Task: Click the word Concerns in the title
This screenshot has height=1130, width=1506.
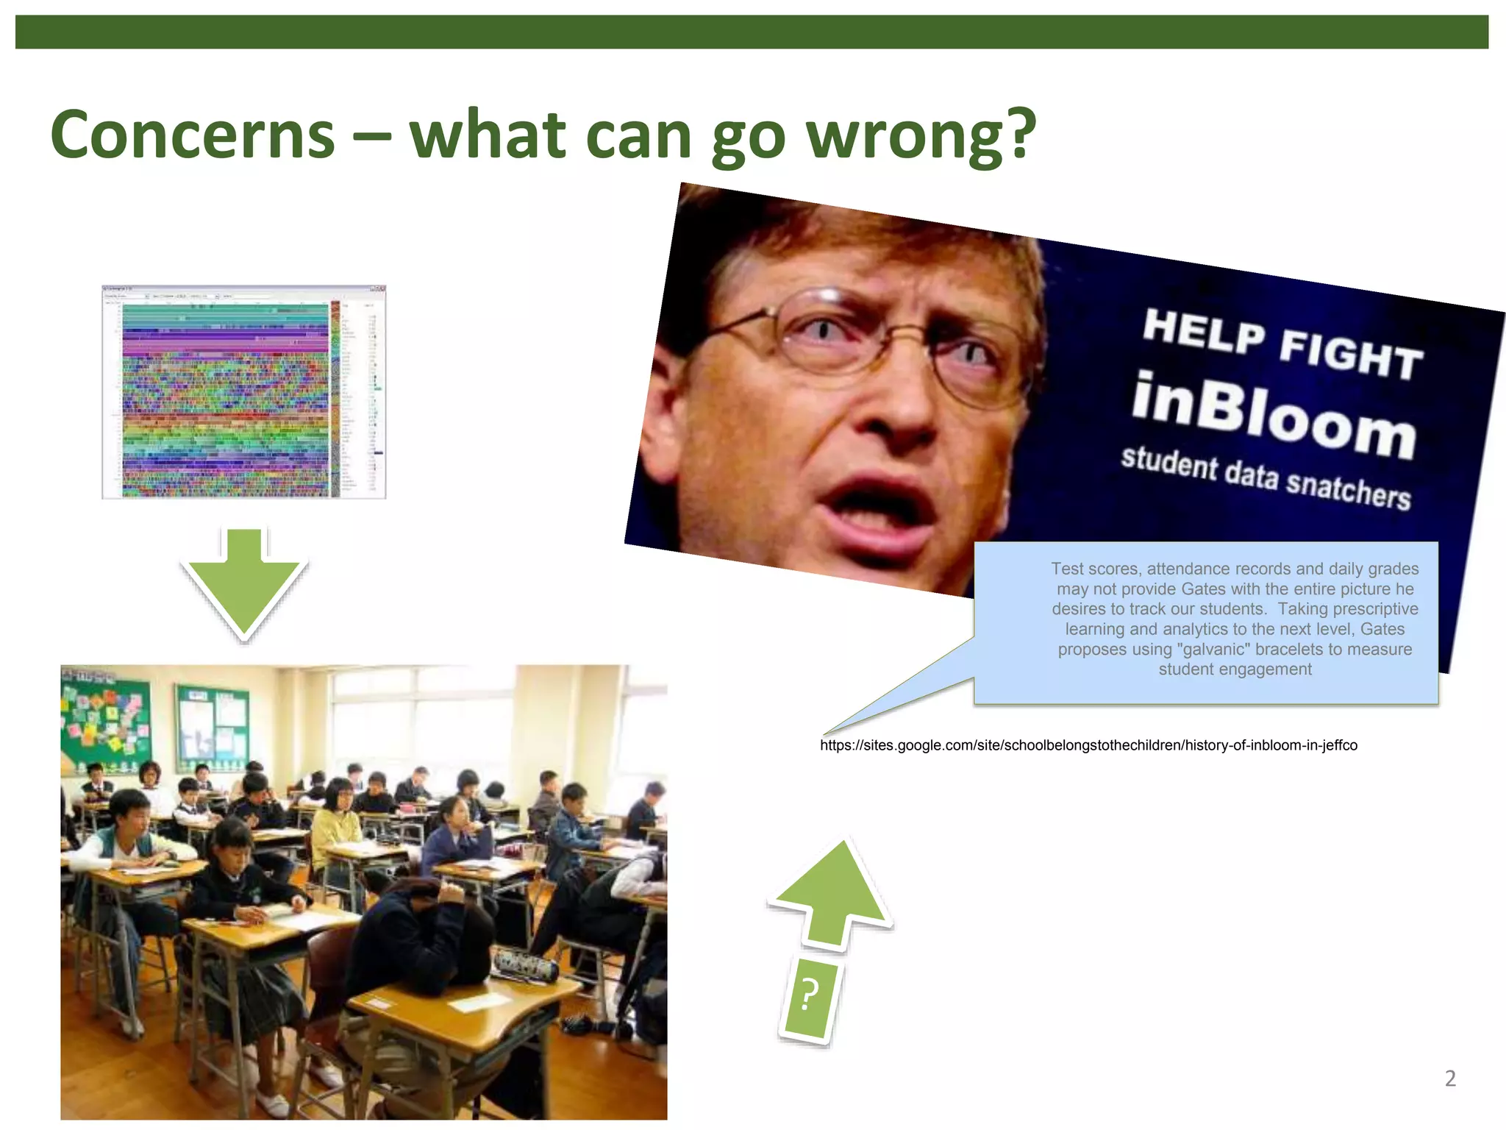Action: coord(193,135)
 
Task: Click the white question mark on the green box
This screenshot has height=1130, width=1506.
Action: coord(809,997)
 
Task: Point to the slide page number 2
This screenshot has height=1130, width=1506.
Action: coord(1450,1079)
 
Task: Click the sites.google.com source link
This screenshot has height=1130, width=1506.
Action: coord(1088,745)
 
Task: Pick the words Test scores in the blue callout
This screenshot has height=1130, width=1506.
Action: coord(1096,569)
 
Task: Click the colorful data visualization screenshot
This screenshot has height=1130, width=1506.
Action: coord(244,392)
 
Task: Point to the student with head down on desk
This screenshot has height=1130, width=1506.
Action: coord(427,927)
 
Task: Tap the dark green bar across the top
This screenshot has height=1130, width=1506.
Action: coord(752,32)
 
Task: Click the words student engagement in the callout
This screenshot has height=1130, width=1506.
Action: coord(1235,669)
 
